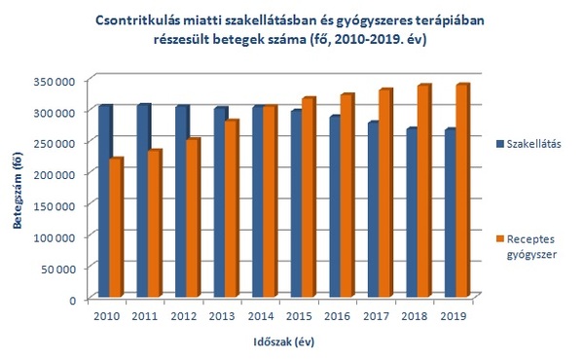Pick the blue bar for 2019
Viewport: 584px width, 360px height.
click(449, 213)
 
